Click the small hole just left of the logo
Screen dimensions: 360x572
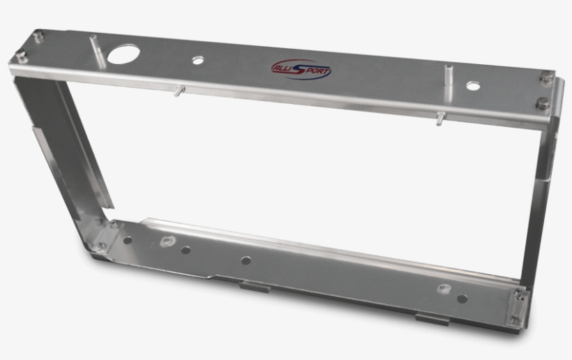tap(199, 61)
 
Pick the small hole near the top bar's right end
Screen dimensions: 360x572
tap(473, 87)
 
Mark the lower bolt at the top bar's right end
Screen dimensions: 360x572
tap(542, 104)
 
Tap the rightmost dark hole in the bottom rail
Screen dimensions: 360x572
tap(462, 299)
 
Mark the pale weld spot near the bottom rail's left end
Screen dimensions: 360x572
tap(167, 242)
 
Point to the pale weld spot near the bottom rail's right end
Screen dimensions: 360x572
tap(442, 288)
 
